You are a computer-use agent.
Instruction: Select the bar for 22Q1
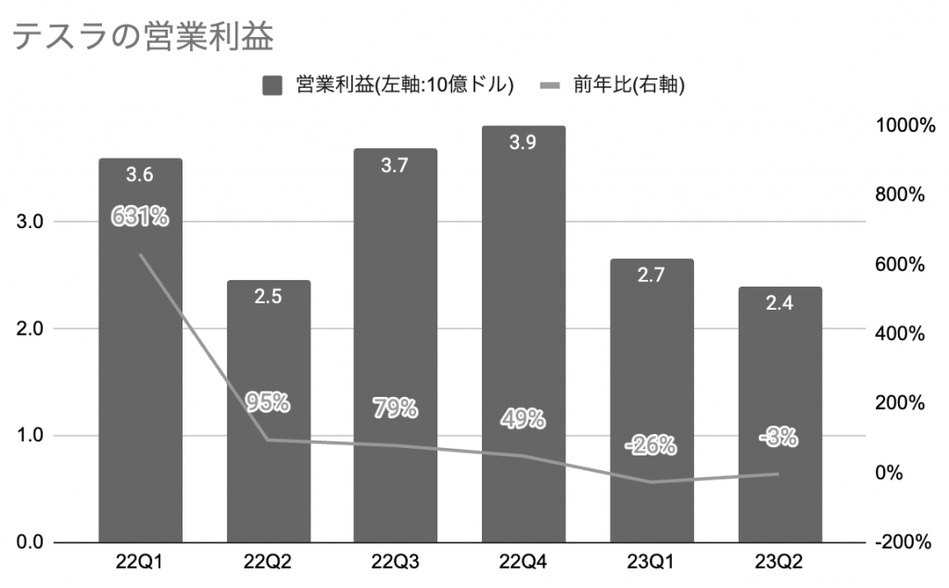coord(140,371)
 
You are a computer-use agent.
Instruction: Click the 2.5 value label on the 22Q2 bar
coord(268,297)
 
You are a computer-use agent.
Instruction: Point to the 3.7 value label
coord(396,165)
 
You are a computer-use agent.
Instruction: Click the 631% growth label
coord(140,217)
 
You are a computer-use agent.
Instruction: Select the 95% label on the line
coord(268,403)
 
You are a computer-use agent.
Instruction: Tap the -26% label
coord(652,446)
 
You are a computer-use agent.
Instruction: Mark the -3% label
coord(778,437)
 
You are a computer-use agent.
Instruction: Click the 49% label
coord(524,419)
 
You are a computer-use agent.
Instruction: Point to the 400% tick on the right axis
coord(902,334)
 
